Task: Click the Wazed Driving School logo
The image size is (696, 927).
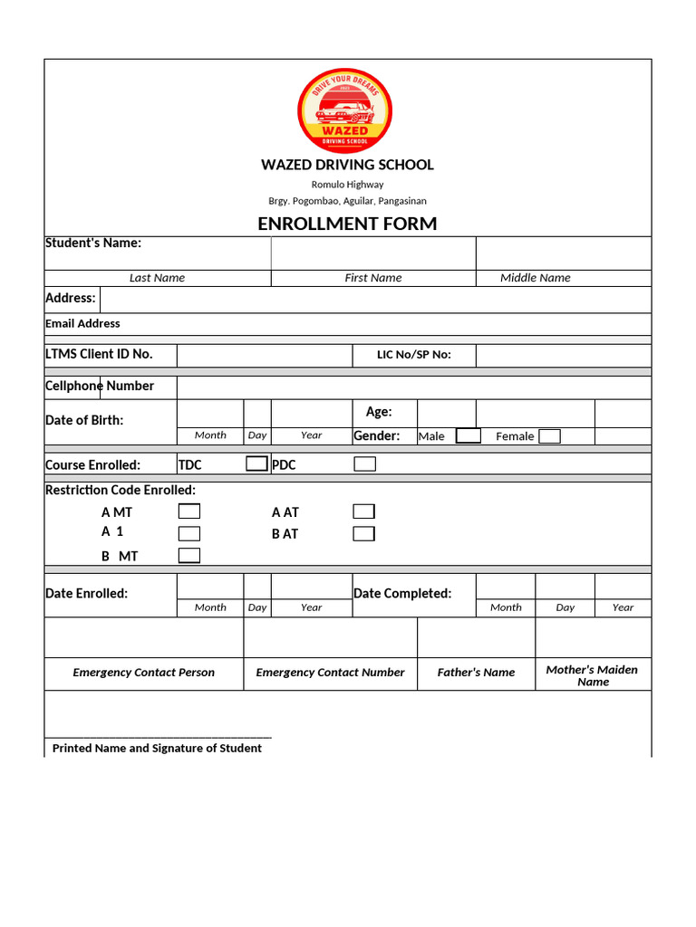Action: point(344,110)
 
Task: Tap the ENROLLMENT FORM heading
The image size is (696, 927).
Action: point(347,224)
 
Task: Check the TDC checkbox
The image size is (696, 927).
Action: point(257,464)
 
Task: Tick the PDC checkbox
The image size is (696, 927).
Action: point(364,464)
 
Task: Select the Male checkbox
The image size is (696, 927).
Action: point(468,436)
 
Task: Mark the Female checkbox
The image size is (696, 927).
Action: point(549,436)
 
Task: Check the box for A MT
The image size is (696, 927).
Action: point(189,512)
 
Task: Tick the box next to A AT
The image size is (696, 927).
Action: point(363,511)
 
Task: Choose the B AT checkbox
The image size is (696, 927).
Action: point(363,533)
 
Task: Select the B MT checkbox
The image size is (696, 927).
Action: point(189,556)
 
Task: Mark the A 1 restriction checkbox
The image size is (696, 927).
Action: point(189,533)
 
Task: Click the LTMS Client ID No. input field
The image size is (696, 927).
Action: point(264,355)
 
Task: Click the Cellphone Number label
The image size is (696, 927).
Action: point(100,387)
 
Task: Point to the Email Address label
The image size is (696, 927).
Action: point(82,323)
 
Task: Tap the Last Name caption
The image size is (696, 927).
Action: point(157,278)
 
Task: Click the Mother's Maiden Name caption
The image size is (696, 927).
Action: point(592,675)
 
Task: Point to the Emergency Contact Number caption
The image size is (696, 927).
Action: point(330,673)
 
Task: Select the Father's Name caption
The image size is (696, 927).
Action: point(476,673)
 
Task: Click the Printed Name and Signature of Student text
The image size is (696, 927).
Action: point(157,749)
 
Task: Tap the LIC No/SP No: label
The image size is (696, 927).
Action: point(413,355)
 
